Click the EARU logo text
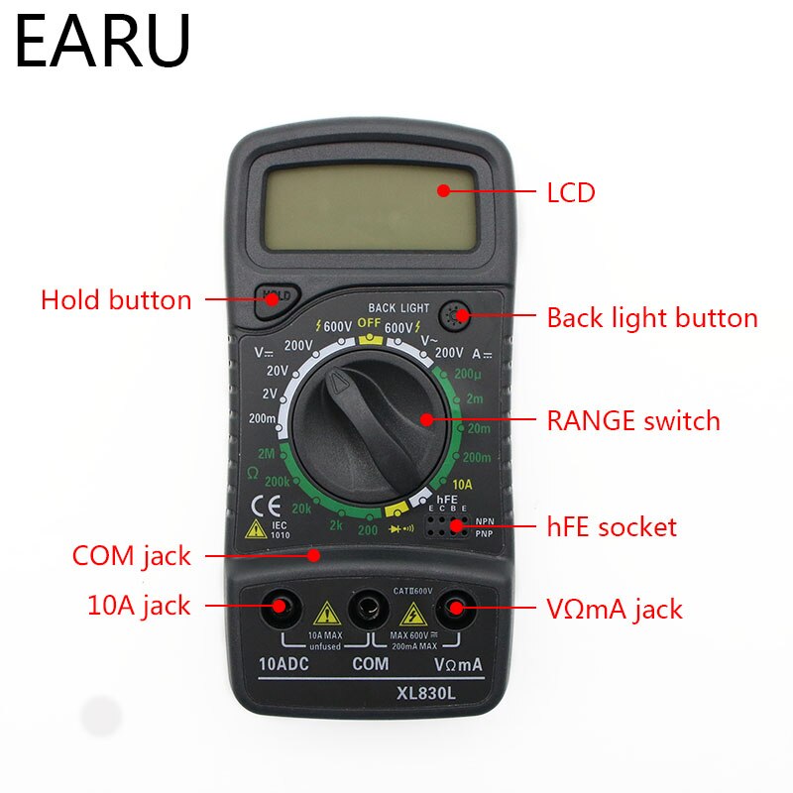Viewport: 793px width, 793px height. click(102, 42)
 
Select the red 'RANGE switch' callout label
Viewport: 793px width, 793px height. click(633, 420)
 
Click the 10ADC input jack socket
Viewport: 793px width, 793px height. click(279, 606)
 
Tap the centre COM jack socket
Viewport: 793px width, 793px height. click(369, 606)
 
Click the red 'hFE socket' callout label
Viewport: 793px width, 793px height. click(612, 526)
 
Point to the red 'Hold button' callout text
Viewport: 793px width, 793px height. click(116, 299)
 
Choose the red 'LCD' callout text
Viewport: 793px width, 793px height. click(571, 192)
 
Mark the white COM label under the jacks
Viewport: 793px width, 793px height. click(370, 663)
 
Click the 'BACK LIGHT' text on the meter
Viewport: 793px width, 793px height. click(398, 308)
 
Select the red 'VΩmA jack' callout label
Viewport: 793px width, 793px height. click(615, 608)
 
